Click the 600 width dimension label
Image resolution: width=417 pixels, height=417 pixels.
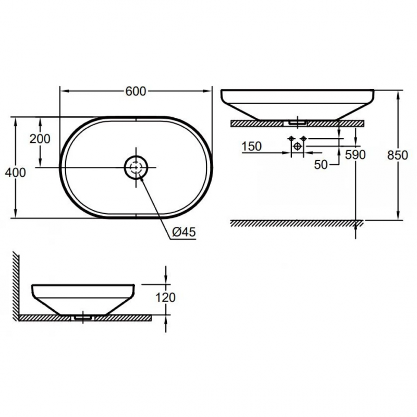click(136, 91)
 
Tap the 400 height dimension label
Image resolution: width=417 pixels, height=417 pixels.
click(16, 173)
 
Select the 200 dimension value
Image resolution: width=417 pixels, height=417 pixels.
click(40, 139)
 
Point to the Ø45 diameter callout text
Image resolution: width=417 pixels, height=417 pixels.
click(184, 232)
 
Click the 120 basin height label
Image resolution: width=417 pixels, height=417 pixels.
click(165, 297)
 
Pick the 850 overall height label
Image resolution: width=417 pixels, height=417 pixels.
click(398, 155)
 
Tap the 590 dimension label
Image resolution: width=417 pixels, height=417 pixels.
click(355, 155)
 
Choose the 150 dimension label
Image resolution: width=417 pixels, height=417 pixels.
click(252, 146)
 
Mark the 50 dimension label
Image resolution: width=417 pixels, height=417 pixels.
click(321, 165)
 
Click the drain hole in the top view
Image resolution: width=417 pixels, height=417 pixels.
click(136, 167)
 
